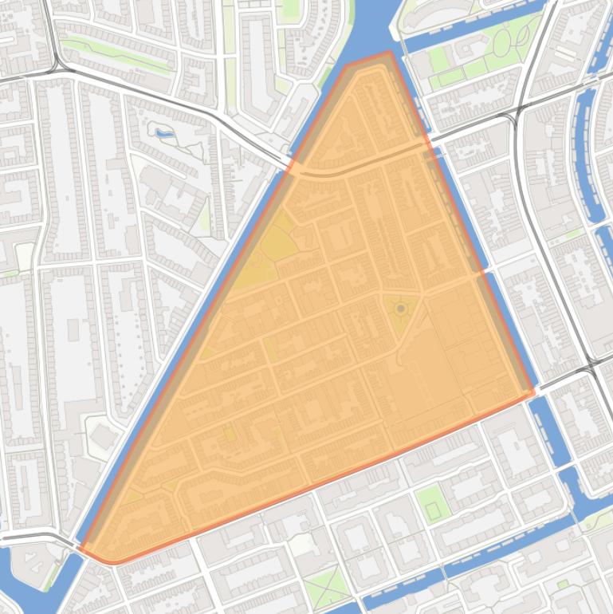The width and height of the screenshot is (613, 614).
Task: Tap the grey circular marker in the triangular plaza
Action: pyautogui.click(x=400, y=308)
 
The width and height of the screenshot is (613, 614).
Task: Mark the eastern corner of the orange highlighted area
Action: pyautogui.click(x=532, y=392)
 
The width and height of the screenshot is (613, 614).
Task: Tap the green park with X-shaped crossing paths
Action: pyautogui.click(x=326, y=587)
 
